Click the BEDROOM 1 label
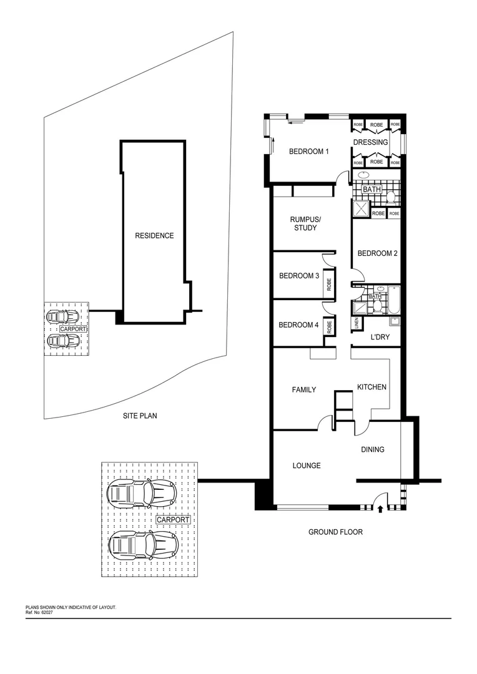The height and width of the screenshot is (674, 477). (308, 152)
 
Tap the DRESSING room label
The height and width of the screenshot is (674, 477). (370, 142)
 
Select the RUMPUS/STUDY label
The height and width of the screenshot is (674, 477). (305, 223)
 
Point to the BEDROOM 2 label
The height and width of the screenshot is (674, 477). (377, 253)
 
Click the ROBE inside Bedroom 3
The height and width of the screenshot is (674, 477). (328, 285)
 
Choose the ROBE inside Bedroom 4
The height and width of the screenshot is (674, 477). (328, 327)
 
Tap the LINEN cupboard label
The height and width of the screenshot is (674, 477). (357, 323)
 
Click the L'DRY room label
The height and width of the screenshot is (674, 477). (380, 337)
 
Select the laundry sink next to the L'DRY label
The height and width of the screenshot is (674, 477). (394, 322)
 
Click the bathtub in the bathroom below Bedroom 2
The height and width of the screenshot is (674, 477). (393, 300)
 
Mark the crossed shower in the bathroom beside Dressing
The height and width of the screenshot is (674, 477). (361, 209)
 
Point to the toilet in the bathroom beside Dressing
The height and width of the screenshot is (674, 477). (391, 197)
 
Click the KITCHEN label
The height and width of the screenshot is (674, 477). (371, 387)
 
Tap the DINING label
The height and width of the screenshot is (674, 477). (373, 449)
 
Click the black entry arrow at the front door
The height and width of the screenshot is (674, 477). (381, 510)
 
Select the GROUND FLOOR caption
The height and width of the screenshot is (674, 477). (335, 532)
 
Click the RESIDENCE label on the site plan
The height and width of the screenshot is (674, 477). (154, 236)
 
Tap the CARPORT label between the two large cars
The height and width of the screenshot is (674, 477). (173, 519)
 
